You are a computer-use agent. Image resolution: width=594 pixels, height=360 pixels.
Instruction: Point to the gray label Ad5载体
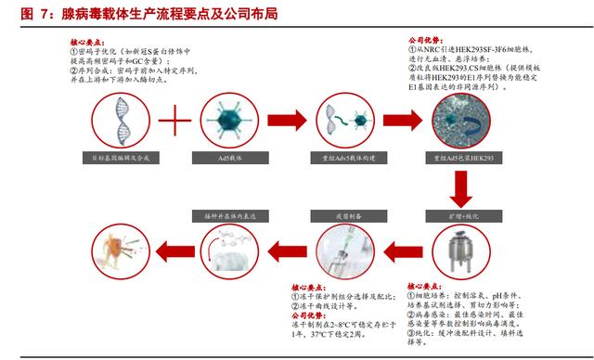(x=227, y=160)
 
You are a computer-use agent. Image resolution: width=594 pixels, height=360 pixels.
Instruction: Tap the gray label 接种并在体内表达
(x=227, y=214)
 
